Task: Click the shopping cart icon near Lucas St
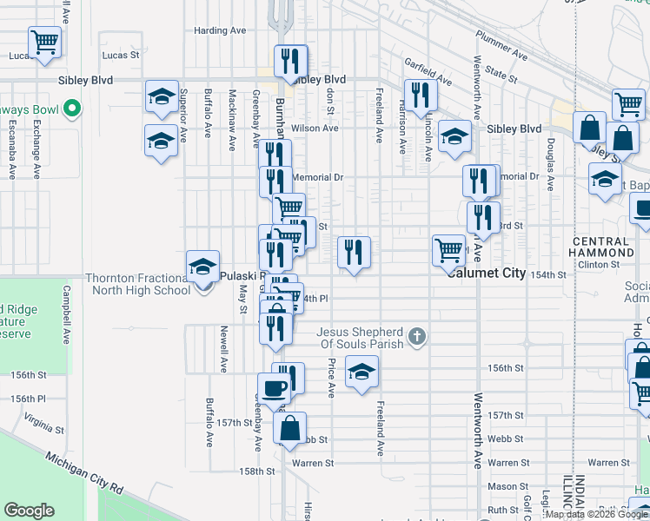click(43, 41)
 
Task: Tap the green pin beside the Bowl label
click(73, 110)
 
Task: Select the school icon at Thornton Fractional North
click(202, 267)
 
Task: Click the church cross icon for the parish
click(417, 336)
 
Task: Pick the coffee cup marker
click(273, 388)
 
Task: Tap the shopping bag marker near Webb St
click(289, 427)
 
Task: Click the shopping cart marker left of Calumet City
click(448, 250)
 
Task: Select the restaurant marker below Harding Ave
click(290, 60)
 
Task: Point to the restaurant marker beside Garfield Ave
click(420, 95)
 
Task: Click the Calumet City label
click(487, 273)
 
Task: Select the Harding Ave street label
click(220, 30)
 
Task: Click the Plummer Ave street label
click(501, 47)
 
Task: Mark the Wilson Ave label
click(315, 129)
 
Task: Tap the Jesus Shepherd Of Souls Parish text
click(360, 338)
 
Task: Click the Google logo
click(29, 511)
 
